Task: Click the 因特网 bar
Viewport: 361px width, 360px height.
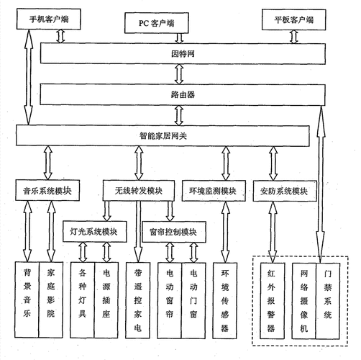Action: (180, 53)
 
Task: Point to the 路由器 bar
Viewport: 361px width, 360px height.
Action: (180, 94)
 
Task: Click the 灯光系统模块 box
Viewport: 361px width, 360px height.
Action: (94, 232)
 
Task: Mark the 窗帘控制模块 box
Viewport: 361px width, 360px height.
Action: (173, 232)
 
